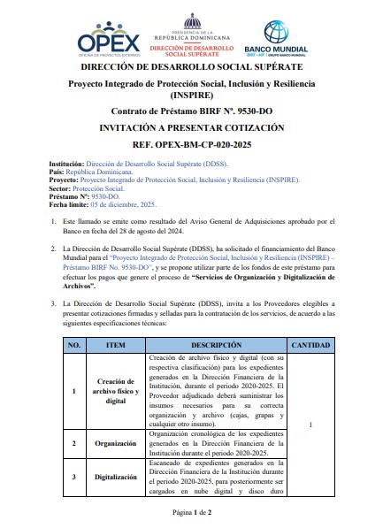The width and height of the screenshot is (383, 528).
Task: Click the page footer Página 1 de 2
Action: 191,512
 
